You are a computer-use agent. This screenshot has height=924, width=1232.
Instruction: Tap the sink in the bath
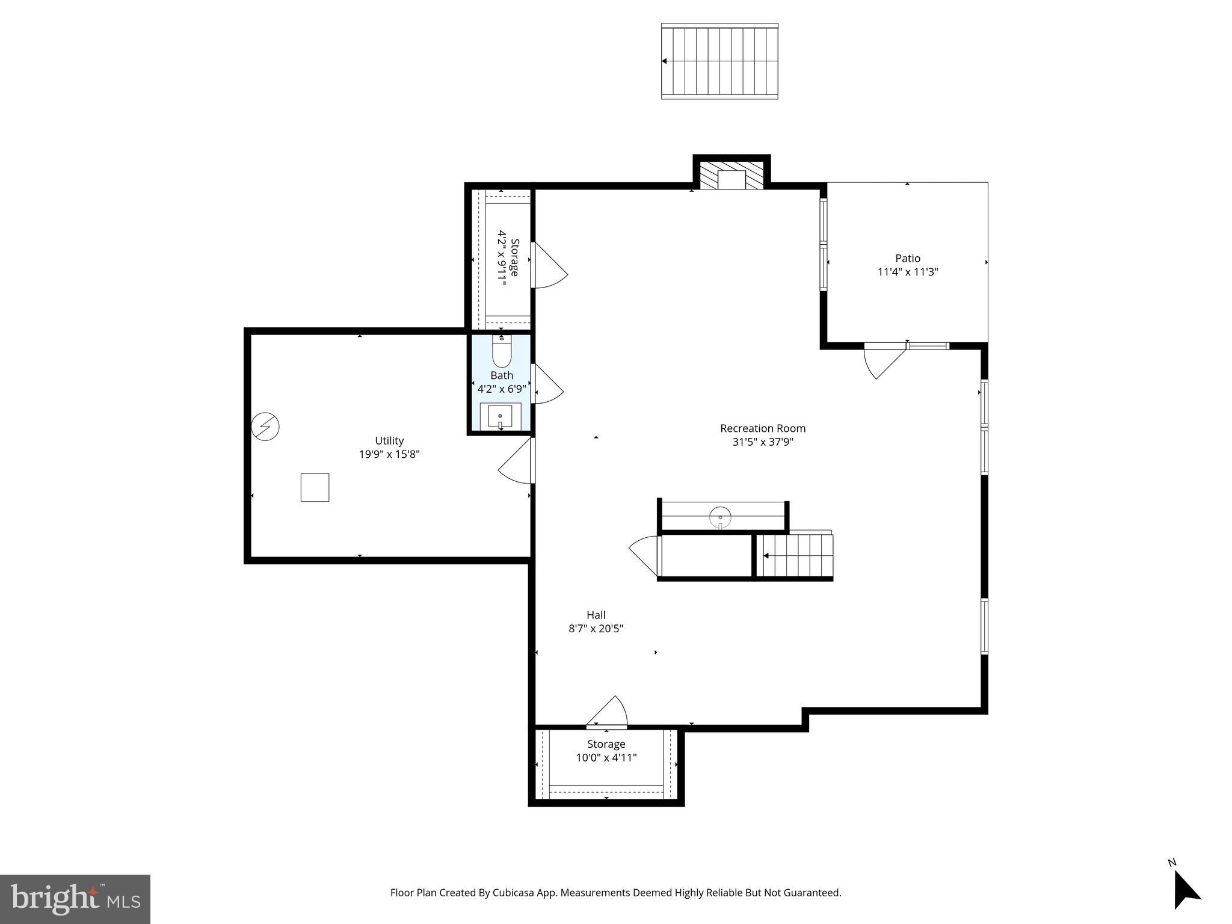pyautogui.click(x=500, y=416)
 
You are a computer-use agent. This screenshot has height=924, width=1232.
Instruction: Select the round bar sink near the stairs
pyautogui.click(x=720, y=517)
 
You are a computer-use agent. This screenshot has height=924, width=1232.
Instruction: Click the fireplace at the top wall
pyautogui.click(x=731, y=176)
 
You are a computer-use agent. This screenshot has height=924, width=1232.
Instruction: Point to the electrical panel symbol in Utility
pyautogui.click(x=265, y=427)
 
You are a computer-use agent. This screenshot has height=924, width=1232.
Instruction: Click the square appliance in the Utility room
pyautogui.click(x=315, y=487)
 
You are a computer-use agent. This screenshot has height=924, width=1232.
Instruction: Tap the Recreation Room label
pyautogui.click(x=762, y=428)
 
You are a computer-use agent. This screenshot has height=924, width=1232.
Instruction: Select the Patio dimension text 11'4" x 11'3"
pyautogui.click(x=907, y=272)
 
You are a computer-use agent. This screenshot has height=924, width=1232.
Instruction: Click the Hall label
pyautogui.click(x=596, y=615)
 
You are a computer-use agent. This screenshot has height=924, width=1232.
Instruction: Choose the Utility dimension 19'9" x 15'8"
pyautogui.click(x=389, y=454)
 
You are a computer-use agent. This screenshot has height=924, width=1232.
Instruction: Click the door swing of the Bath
pyautogui.click(x=546, y=385)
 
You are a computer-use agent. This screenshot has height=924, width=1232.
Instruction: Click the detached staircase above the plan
pyautogui.click(x=719, y=61)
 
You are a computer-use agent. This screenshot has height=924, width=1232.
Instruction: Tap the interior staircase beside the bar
pyautogui.click(x=794, y=556)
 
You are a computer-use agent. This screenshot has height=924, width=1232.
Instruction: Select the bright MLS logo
pyautogui.click(x=75, y=899)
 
